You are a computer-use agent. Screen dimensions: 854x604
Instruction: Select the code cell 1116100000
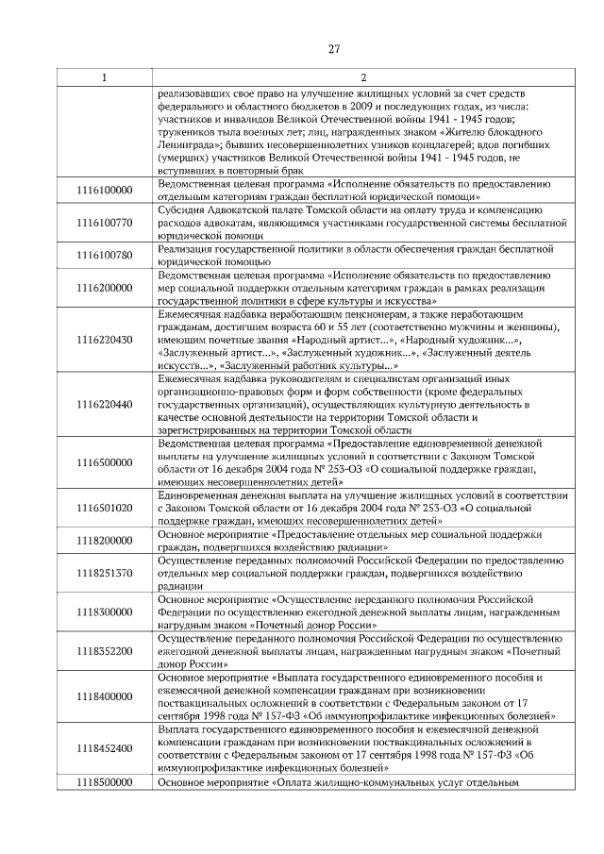click(104, 191)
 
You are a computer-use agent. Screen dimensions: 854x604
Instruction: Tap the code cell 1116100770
click(104, 222)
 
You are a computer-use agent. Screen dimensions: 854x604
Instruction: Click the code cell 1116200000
click(104, 287)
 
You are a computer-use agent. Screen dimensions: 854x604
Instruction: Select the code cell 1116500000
click(104, 462)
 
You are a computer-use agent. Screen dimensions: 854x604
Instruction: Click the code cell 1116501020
click(104, 508)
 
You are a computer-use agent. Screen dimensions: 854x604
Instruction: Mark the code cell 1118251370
click(104, 573)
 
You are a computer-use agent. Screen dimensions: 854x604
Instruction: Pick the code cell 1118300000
click(104, 611)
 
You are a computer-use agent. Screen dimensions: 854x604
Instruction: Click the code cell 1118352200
click(104, 651)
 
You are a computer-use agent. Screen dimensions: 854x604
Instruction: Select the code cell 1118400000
click(104, 696)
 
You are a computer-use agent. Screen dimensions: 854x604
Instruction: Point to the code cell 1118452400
click(104, 748)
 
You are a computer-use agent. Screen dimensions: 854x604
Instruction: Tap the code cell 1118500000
click(104, 781)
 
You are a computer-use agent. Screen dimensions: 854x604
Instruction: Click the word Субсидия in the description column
click(181, 209)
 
